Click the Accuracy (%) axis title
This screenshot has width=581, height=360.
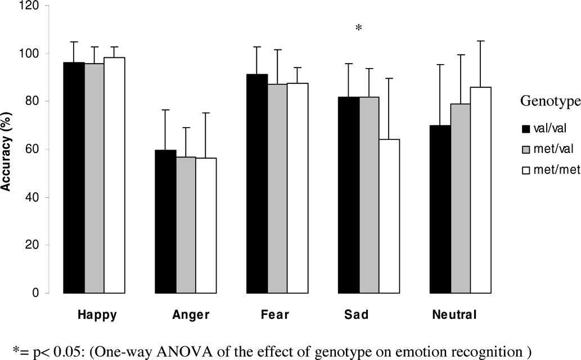click(x=7, y=150)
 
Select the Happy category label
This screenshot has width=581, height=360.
click(x=97, y=315)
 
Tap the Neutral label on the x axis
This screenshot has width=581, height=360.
click(x=454, y=315)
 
